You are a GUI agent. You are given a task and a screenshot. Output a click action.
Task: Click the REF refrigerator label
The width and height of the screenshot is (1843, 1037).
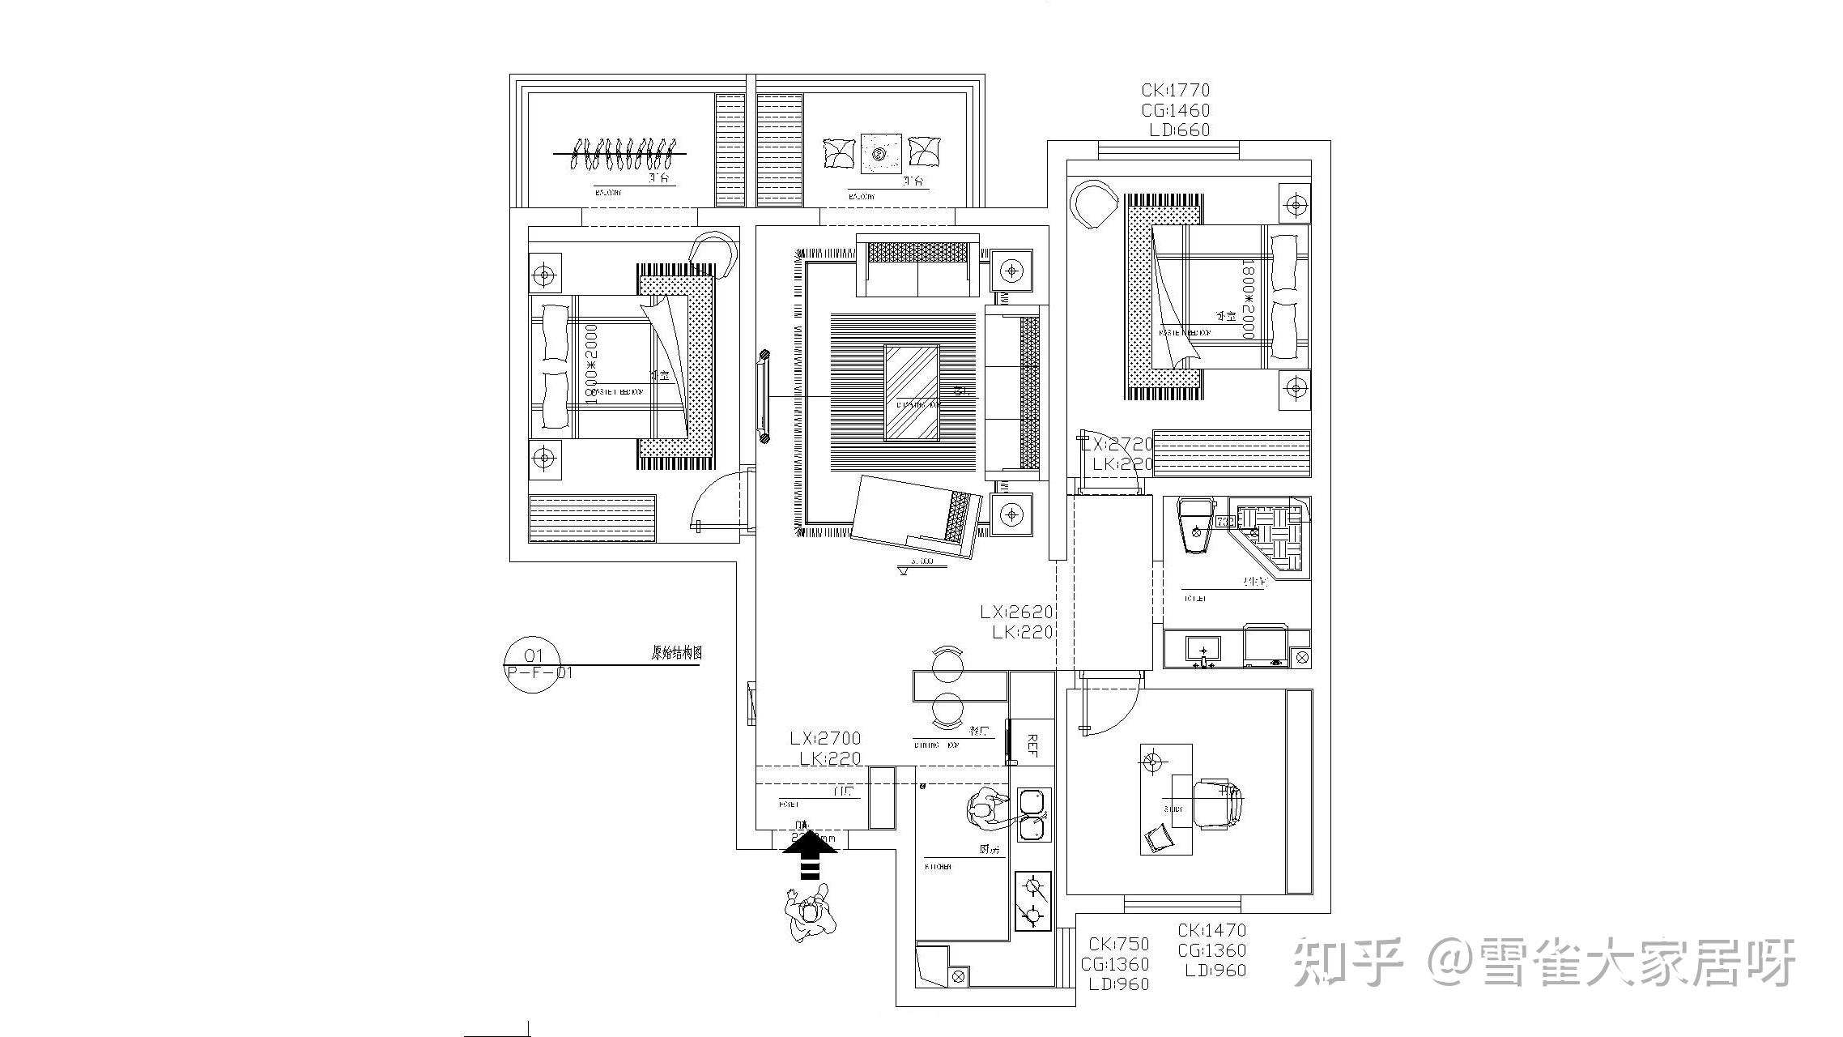pyautogui.click(x=1032, y=745)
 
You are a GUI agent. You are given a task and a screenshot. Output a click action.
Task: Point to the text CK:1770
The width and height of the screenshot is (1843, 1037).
pyautogui.click(x=1176, y=91)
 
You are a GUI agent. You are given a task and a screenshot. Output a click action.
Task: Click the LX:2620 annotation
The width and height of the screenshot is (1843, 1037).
pyautogui.click(x=1016, y=612)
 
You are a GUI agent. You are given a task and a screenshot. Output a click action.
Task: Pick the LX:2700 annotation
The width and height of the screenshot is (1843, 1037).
pyautogui.click(x=825, y=739)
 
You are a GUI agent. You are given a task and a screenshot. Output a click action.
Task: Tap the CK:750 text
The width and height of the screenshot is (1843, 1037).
pyautogui.click(x=1118, y=944)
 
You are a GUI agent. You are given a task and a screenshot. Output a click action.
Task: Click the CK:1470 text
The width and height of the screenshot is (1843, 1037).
pyautogui.click(x=1211, y=930)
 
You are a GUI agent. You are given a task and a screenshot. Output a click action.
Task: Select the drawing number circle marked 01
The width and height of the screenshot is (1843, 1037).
pyautogui.click(x=532, y=665)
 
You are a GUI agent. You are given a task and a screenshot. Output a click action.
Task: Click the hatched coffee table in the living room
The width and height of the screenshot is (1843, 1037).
pyautogui.click(x=912, y=393)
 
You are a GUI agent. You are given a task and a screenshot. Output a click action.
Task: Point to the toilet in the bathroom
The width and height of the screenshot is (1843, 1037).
pyautogui.click(x=1194, y=526)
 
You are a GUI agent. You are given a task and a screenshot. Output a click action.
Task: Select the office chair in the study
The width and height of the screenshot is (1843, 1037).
pyautogui.click(x=1217, y=804)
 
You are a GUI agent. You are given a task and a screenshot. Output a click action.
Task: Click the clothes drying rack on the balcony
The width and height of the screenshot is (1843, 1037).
pyautogui.click(x=620, y=152)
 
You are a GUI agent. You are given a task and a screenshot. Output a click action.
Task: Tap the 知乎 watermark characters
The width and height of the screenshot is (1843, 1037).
pyautogui.click(x=1347, y=962)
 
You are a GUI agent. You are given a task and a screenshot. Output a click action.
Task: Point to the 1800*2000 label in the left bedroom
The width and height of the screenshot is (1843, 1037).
pyautogui.click(x=591, y=365)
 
